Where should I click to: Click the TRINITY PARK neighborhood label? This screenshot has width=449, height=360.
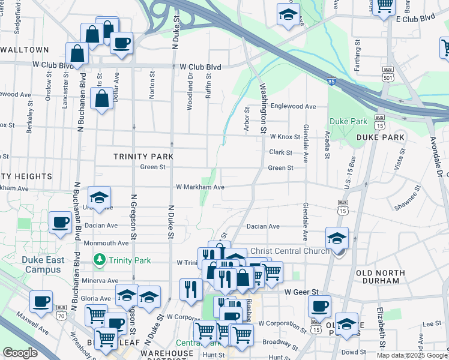click(x=143, y=157)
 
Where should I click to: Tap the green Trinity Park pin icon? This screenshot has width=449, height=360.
click(x=100, y=260)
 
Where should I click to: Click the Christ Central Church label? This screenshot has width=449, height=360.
click(x=289, y=251)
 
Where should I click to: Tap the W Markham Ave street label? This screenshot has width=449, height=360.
click(x=200, y=187)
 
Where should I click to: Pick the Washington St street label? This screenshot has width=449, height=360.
click(x=262, y=109)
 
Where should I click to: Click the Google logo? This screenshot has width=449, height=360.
click(x=20, y=353)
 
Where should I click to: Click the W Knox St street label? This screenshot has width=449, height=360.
click(x=285, y=137)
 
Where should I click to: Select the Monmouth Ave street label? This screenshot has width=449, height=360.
click(x=106, y=243)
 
